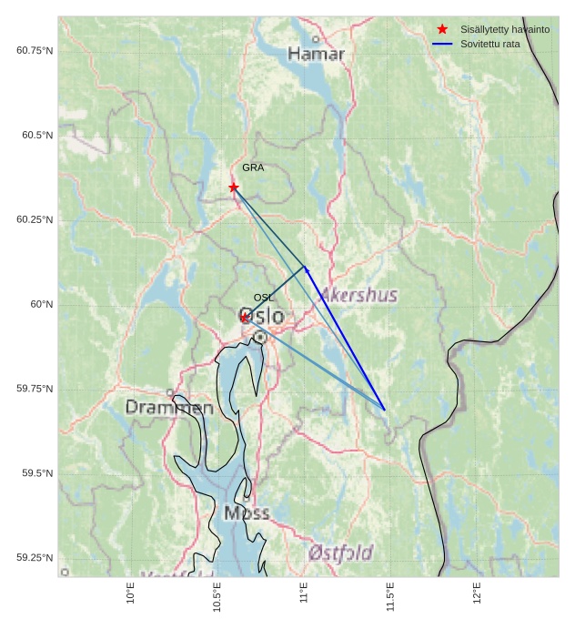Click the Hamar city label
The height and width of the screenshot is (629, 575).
[317, 55]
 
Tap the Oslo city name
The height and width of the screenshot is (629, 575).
[261, 316]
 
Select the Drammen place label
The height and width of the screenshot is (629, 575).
[169, 408]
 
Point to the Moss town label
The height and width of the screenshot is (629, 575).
[247, 513]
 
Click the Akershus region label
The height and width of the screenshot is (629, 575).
[358, 295]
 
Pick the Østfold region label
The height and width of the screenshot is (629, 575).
[340, 553]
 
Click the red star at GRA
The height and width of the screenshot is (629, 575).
[234, 187]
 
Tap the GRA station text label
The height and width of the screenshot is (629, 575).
[253, 167]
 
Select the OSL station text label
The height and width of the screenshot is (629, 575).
[264, 298]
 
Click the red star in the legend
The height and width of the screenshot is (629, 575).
[442, 29]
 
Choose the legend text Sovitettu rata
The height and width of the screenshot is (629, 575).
[490, 44]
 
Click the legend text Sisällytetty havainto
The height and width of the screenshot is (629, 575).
[505, 29]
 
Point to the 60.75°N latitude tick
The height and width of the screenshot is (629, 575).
[35, 50]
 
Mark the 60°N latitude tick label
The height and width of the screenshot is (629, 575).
[41, 304]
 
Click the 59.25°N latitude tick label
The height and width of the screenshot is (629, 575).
[35, 558]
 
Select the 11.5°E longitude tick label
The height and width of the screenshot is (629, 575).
[390, 597]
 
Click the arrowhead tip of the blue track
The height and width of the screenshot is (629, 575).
[305, 266]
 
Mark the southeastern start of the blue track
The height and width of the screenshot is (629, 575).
[385, 410]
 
